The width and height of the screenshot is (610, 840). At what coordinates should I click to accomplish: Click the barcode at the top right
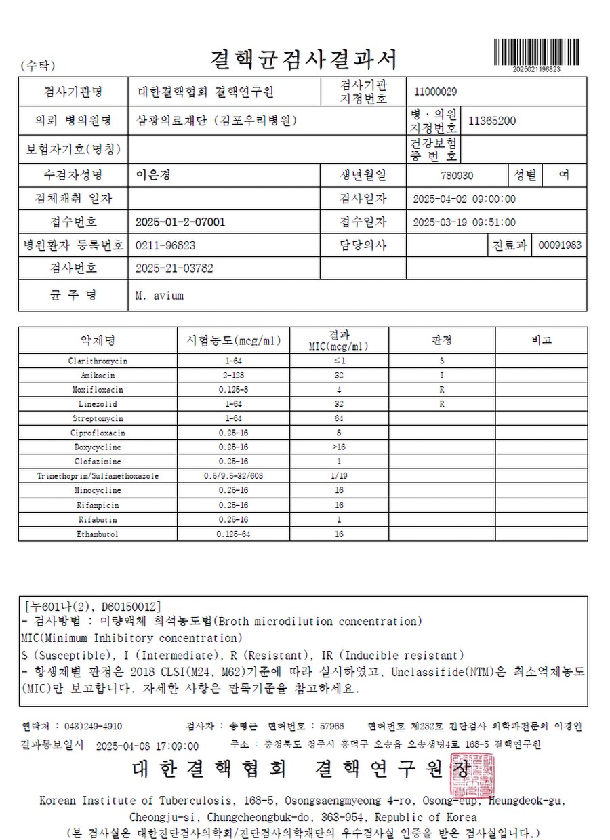[536, 52]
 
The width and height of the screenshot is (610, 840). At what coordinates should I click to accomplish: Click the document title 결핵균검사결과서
[304, 60]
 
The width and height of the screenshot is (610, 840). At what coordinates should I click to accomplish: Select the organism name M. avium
[159, 296]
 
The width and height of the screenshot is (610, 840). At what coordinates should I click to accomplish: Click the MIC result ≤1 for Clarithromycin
[339, 361]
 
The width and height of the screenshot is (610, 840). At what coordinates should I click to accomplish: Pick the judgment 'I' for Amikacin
[442, 376]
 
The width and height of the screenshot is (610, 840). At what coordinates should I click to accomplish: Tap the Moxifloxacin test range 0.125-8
[234, 390]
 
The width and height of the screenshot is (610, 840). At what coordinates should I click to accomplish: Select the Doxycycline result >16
[339, 447]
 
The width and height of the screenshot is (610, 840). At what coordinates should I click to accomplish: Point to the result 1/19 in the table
[339, 476]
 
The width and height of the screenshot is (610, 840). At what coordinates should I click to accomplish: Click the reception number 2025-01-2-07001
[180, 222]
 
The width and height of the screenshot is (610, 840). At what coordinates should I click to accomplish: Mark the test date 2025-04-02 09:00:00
[464, 199]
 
